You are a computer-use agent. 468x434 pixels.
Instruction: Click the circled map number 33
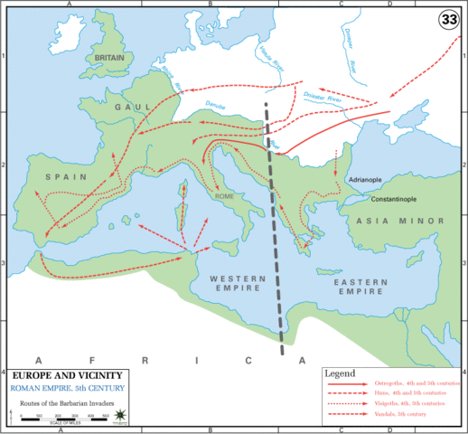click(448, 19)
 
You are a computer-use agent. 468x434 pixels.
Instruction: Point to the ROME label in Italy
click(225, 195)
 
